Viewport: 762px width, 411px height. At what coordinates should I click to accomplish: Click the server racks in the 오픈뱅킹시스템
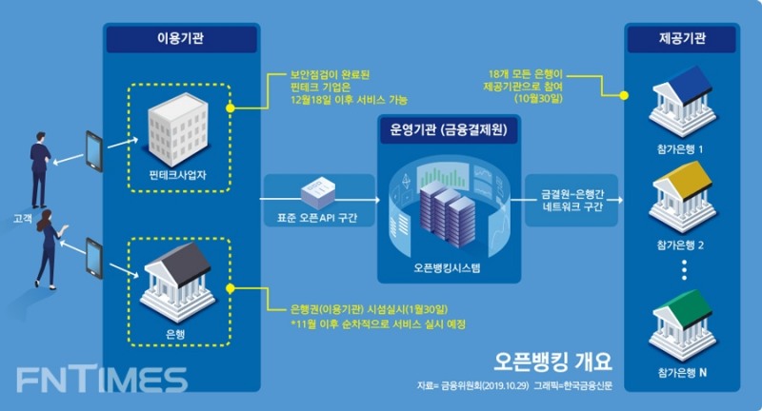[446, 211]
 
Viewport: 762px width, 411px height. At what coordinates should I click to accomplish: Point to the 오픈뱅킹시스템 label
[448, 268]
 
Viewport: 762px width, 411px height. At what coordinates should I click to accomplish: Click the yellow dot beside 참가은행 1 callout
[624, 95]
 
